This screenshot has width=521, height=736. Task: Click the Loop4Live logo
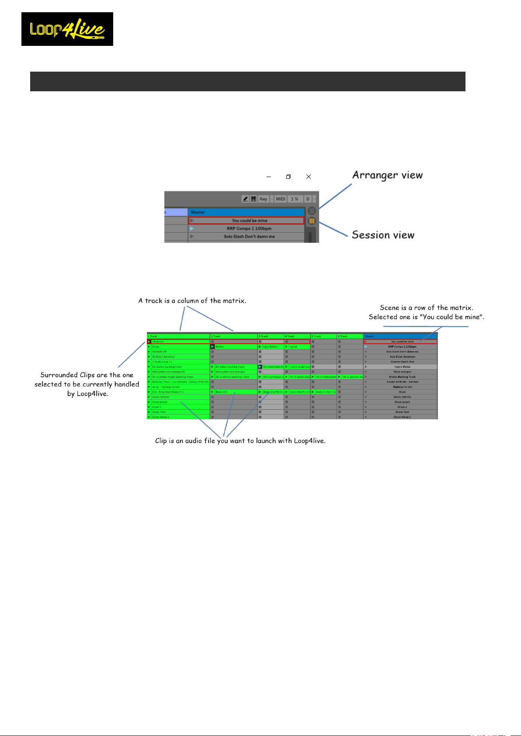coord(67,29)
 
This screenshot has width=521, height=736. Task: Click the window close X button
coord(309,176)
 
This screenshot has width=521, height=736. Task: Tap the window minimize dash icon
coord(268,177)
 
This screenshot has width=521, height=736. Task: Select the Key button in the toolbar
coord(263,199)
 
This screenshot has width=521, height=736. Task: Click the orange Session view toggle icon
coord(312,221)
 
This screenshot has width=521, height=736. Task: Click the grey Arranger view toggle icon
coord(312,211)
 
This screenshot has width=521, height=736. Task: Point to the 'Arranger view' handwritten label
coord(387,175)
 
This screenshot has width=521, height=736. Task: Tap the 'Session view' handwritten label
coord(383,235)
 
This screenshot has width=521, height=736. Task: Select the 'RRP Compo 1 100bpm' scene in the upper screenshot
coord(249,228)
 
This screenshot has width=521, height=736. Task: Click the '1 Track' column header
coord(178,336)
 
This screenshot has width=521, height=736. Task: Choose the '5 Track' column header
coord(323,336)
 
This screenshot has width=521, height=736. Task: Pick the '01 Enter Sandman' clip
coord(179,356)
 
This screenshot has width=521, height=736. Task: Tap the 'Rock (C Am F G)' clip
coord(326,392)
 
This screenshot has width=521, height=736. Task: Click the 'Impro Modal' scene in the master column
coord(402,367)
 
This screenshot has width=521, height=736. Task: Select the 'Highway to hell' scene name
coord(402,387)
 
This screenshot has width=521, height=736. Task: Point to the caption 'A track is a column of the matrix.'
coord(192,301)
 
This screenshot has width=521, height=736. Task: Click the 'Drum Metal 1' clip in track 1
coord(179,417)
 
